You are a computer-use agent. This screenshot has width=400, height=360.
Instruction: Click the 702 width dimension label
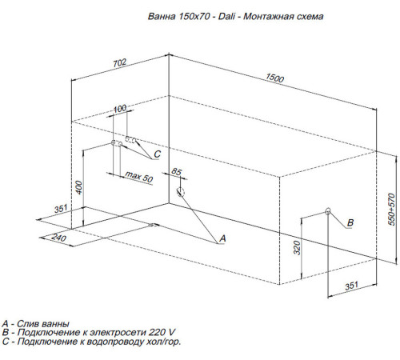(x=120, y=63)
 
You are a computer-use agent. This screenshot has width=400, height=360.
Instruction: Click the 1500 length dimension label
(x=275, y=78)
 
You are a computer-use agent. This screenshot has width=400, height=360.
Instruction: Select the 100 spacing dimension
(x=120, y=109)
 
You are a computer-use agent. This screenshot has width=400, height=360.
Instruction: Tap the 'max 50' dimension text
(x=139, y=177)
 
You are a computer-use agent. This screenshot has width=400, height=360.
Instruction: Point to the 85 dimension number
(x=176, y=171)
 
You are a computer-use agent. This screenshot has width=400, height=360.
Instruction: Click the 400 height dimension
(x=79, y=187)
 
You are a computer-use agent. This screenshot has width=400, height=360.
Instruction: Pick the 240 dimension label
(x=58, y=237)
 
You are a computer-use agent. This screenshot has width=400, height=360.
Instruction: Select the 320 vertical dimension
(x=297, y=248)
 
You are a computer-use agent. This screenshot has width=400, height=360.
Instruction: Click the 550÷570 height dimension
(x=391, y=210)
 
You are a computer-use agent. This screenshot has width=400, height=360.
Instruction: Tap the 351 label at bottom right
(x=351, y=286)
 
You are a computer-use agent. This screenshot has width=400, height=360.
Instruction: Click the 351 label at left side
(x=61, y=209)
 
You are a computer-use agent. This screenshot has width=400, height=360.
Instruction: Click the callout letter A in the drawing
(x=222, y=238)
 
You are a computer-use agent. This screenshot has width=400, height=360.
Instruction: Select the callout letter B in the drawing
(x=350, y=222)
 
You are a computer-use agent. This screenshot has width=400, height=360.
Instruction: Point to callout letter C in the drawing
(x=158, y=154)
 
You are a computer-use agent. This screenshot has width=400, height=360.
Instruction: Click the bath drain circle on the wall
(x=180, y=191)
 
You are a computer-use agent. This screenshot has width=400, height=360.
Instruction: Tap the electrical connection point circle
(x=328, y=211)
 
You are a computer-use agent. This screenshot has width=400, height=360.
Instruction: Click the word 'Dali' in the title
(x=226, y=16)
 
